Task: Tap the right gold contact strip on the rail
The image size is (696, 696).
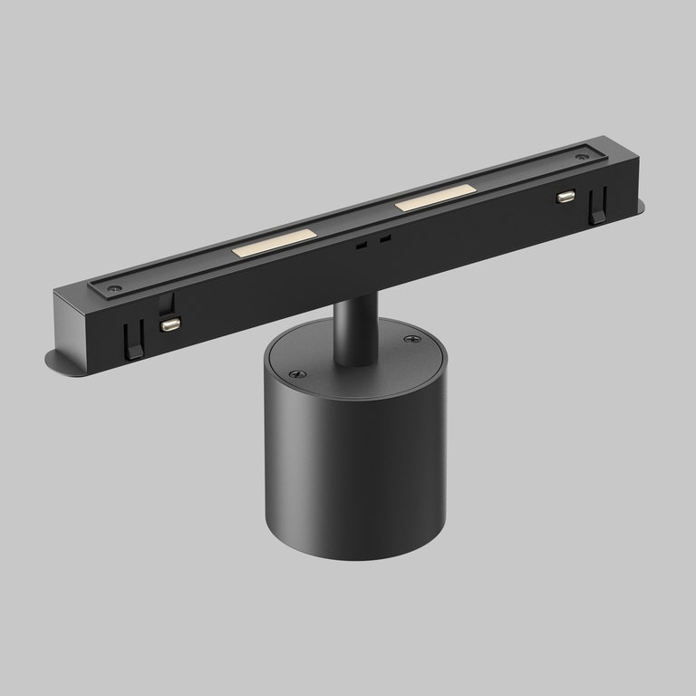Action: [435, 198]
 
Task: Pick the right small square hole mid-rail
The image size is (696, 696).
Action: [385, 239]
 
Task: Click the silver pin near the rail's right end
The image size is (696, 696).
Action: [566, 196]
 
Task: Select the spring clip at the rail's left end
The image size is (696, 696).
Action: [133, 341]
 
